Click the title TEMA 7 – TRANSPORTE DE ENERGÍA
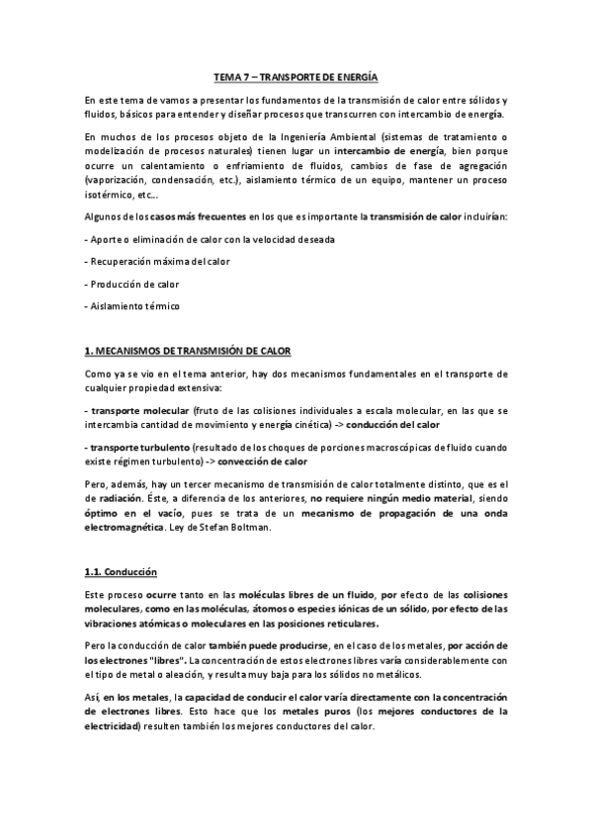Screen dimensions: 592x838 point(296,77)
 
